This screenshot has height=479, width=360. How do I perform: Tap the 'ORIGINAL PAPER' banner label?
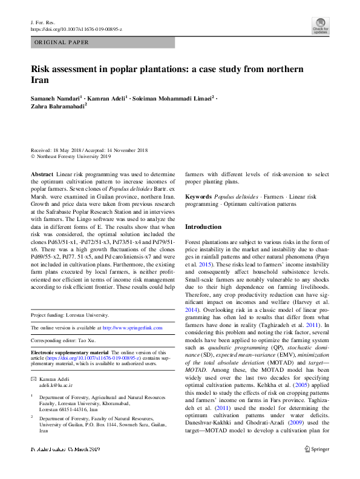tap(62, 42)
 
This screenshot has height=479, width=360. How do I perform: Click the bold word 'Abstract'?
tap(41, 173)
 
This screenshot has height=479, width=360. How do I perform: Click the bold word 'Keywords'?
tap(198, 197)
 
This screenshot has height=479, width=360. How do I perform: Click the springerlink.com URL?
tap(133, 328)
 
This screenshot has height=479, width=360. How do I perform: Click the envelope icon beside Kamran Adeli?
tap(33, 377)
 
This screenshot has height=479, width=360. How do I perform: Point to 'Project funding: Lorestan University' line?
tap(70, 315)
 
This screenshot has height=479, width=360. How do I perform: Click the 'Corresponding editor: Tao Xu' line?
tap(66, 340)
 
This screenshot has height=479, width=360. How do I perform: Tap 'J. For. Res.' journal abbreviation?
tap(43, 22)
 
